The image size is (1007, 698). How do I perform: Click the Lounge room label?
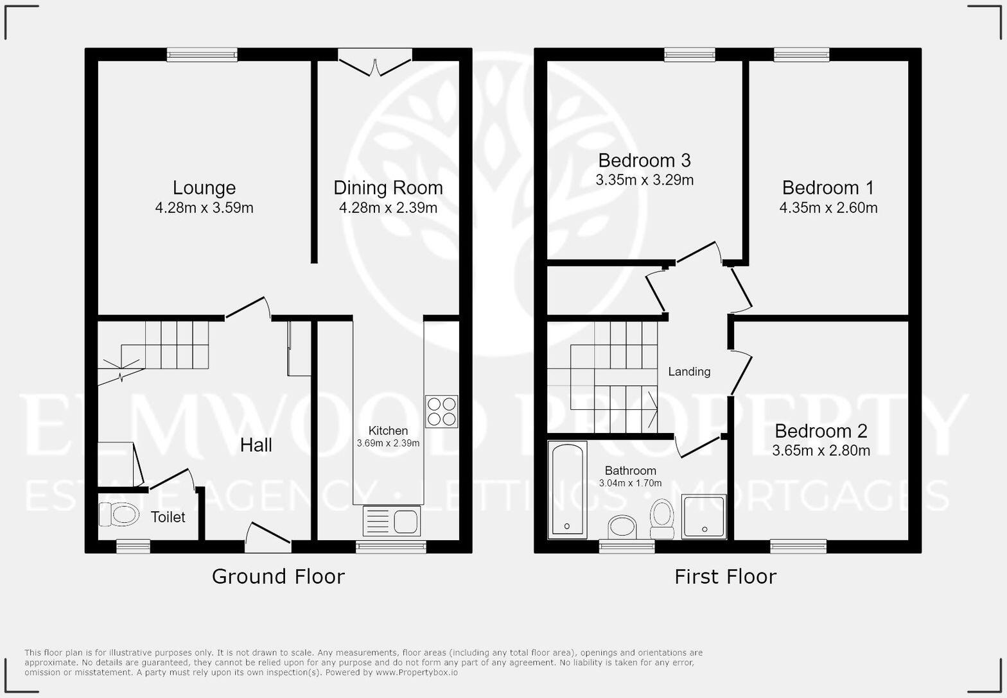204,188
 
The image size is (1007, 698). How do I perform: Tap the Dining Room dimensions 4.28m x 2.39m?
388,208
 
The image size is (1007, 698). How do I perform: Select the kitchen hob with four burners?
441,411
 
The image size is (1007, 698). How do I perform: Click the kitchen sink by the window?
392,520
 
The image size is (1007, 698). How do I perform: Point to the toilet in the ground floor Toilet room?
119,514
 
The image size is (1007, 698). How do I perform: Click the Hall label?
256,445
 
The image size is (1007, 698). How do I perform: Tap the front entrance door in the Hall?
268,538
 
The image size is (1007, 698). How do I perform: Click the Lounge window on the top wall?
202,55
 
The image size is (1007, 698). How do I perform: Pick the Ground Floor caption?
278,577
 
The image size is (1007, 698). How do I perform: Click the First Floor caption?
725,577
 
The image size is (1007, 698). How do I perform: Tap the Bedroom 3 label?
644,160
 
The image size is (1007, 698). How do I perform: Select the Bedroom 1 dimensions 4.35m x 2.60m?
828,208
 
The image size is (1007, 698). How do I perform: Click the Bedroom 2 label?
821,430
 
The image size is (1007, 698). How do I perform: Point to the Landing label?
689,371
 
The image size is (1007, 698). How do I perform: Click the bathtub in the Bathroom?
568,489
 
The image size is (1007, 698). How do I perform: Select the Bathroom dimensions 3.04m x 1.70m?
630,483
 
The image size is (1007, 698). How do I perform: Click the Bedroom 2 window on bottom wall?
798,547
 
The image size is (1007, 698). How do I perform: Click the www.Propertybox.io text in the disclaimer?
417,672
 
